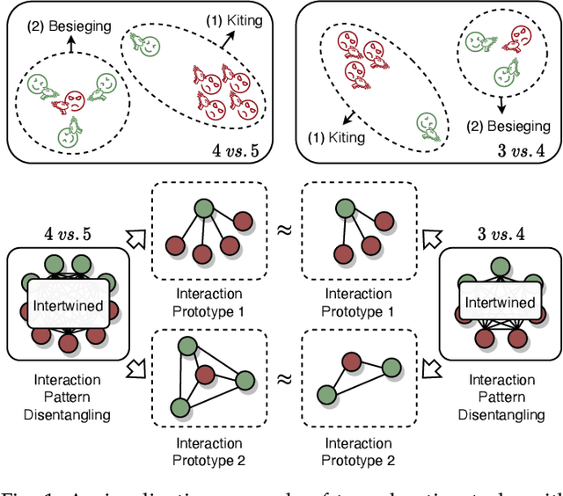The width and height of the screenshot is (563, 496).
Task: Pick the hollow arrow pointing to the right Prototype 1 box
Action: click(x=430, y=237)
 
